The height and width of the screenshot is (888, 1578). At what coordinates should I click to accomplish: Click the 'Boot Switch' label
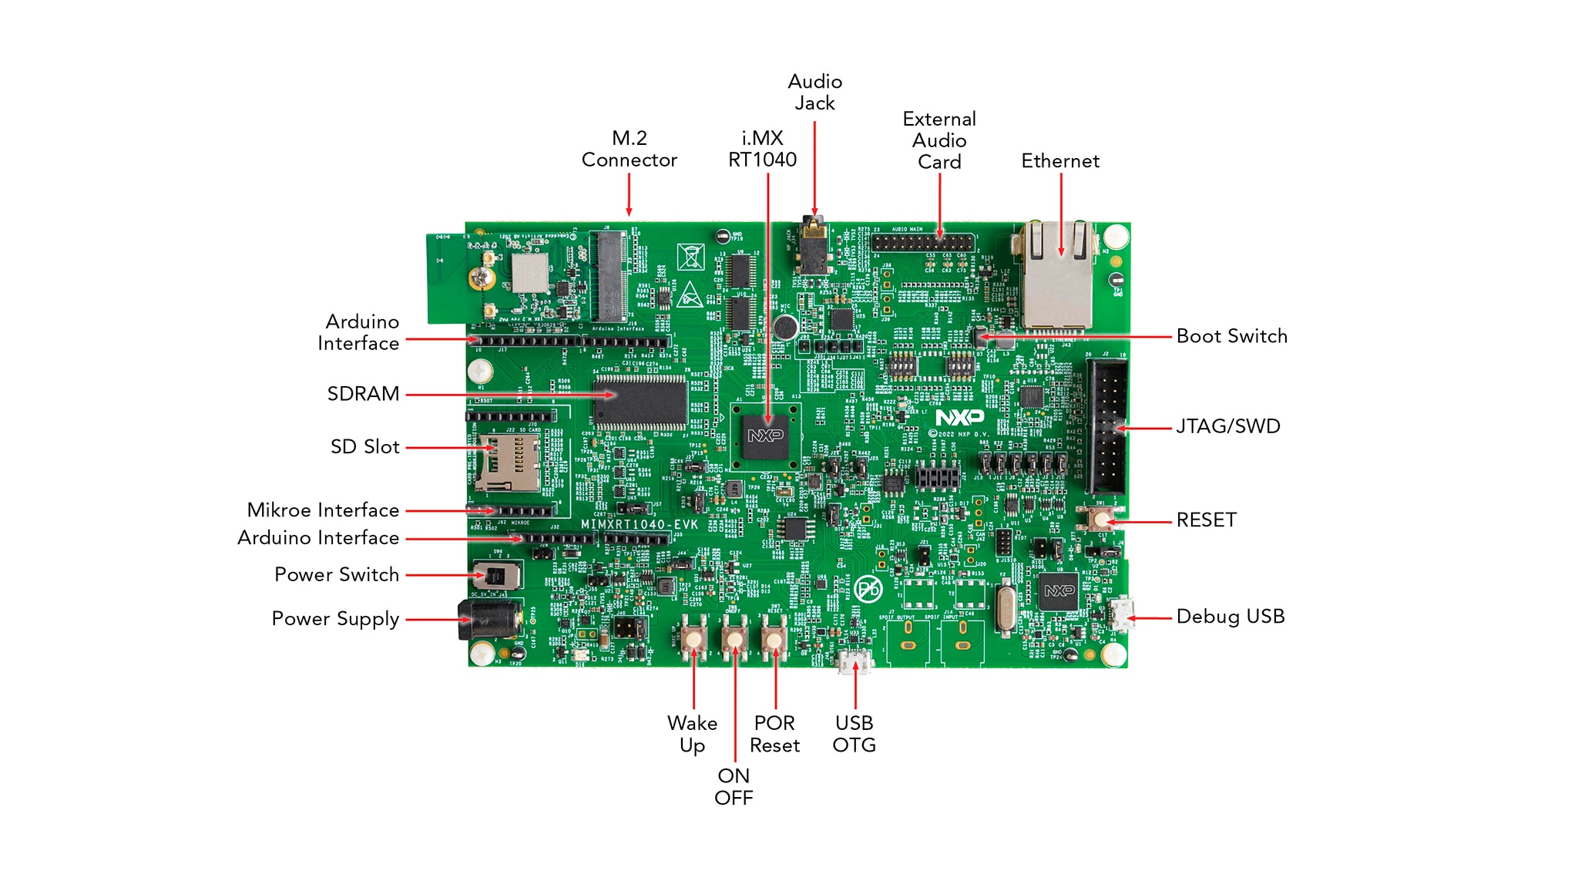[1231, 336]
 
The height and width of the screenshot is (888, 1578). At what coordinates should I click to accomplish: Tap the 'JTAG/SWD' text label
[1227, 426]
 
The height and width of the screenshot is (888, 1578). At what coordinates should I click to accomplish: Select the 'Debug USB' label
[1230, 617]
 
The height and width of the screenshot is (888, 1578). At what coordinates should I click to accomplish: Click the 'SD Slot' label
[364, 447]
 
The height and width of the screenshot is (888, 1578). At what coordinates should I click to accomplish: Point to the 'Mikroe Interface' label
[323, 510]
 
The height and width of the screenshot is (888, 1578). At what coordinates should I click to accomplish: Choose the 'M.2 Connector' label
[629, 149]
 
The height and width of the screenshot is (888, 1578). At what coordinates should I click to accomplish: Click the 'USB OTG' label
[854, 734]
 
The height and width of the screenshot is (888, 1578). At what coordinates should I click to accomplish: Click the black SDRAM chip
[640, 402]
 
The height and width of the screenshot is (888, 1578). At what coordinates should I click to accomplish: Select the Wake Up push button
[693, 637]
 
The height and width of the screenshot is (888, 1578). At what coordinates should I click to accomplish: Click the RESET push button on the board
[1100, 519]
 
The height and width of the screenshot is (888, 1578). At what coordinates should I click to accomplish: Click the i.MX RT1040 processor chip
[766, 437]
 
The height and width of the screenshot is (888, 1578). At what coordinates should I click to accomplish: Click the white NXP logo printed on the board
[959, 417]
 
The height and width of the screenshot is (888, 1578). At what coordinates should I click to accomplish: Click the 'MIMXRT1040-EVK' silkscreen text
[639, 524]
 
